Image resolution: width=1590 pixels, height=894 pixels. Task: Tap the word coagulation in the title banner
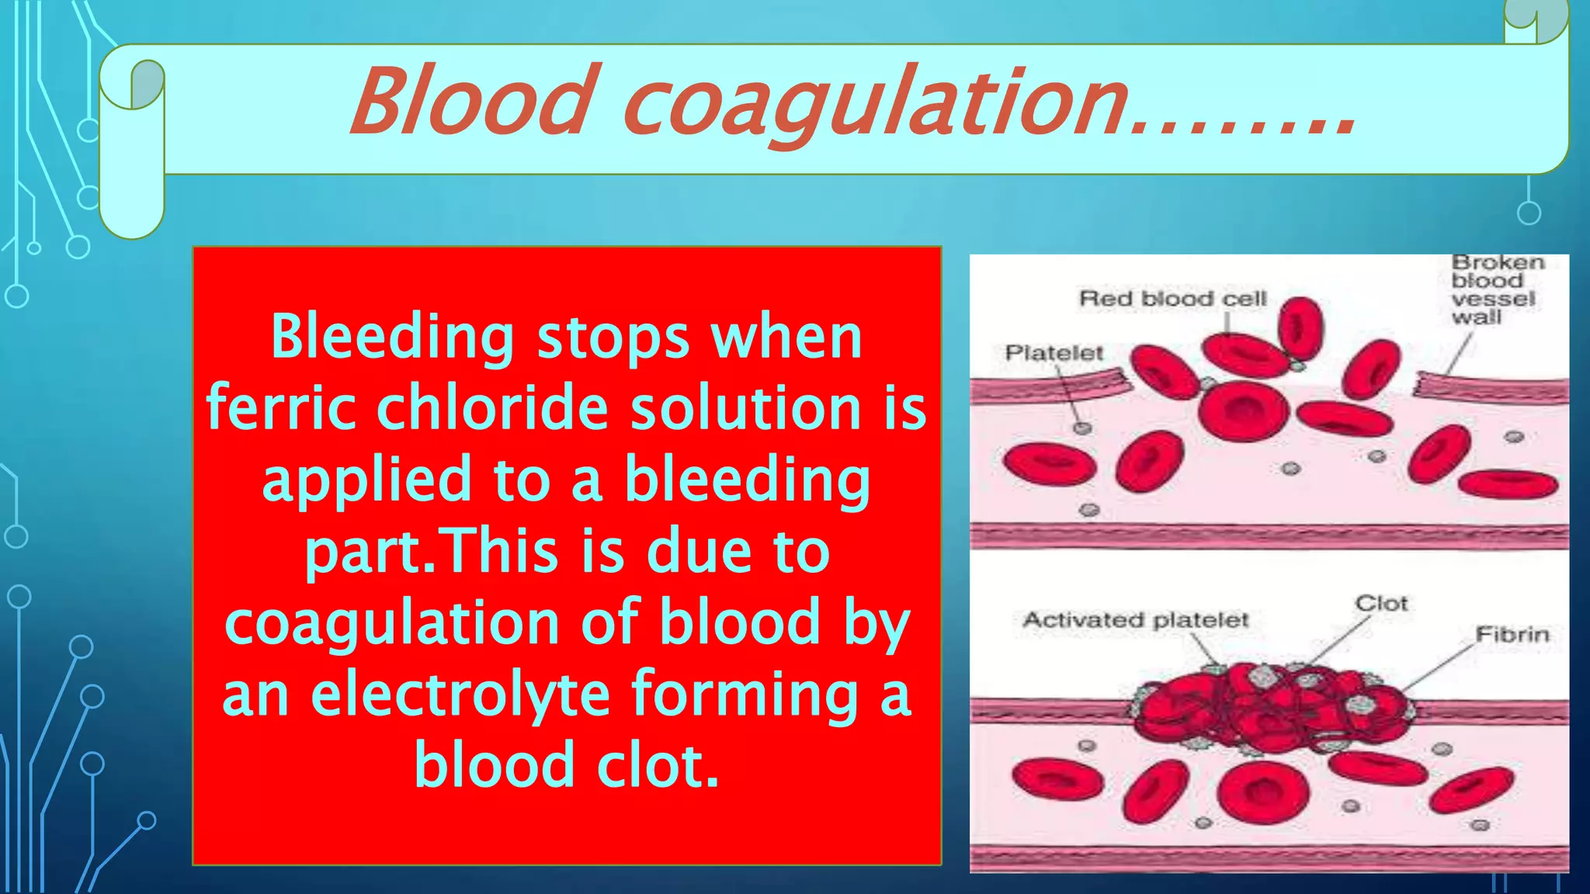pyautogui.click(x=873, y=105)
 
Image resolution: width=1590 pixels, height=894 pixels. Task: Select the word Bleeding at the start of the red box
pyautogui.click(x=392, y=338)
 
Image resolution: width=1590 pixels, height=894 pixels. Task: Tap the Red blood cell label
pyautogui.click(x=1172, y=299)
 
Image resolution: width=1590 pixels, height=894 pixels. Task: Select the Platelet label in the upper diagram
pyautogui.click(x=1054, y=353)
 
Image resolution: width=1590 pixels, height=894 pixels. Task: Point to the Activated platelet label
pyautogui.click(x=1135, y=620)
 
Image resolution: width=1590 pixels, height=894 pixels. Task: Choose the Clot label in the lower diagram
pyautogui.click(x=1381, y=603)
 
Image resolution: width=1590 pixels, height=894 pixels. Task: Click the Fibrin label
pyautogui.click(x=1512, y=635)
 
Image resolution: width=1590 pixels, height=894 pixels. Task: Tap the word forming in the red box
pyautogui.click(x=745, y=695)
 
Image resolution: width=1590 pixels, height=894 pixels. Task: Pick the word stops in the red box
pyautogui.click(x=613, y=338)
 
